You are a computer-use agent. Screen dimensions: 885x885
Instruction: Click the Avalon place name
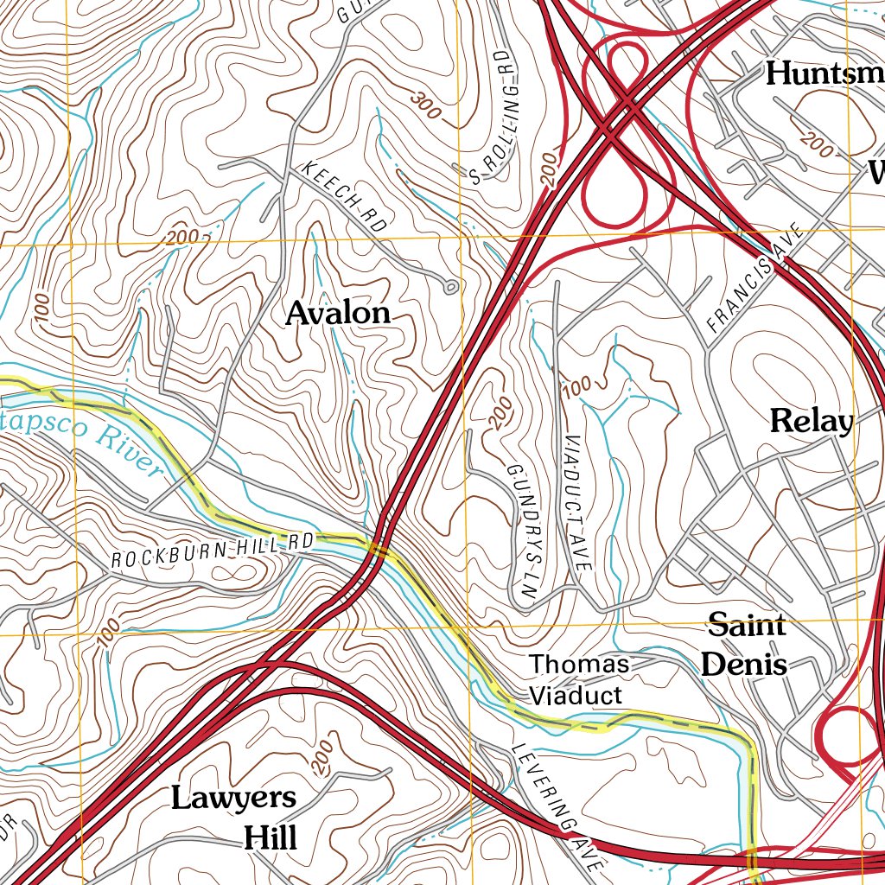338,313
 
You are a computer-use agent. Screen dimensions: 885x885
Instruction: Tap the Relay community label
811,421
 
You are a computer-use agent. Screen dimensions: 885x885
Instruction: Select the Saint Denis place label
745,644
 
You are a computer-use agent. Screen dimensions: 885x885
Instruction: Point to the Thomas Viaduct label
579,679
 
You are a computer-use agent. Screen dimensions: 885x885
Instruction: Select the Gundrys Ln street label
521,532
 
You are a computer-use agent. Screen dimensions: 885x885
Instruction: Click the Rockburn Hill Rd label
211,551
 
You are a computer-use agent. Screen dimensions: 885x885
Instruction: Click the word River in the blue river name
130,450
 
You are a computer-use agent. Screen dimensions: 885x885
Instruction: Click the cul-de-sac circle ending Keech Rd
449,285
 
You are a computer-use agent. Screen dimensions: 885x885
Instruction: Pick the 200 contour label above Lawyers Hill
323,757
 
